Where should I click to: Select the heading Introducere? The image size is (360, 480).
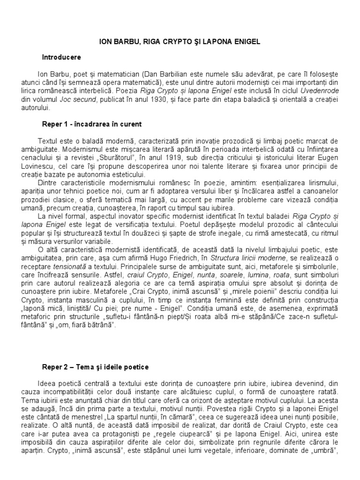point(62,57)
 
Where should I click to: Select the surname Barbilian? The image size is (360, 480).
point(178,74)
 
